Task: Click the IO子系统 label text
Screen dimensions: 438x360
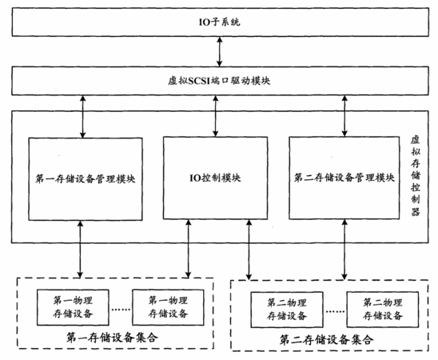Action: pyautogui.click(x=219, y=22)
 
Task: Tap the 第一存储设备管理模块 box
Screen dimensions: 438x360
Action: pyautogui.click(x=86, y=179)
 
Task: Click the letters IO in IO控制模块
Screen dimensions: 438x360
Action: pyautogui.click(x=195, y=178)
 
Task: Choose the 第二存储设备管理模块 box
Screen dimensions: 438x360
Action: pyautogui.click(x=344, y=178)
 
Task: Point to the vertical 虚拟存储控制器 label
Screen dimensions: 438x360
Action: pyautogui.click(x=416, y=176)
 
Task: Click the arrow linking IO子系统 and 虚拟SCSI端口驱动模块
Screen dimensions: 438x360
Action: pyautogui.click(x=220, y=51)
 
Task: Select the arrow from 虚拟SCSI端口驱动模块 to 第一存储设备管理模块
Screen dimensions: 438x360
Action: pyautogui.click(x=82, y=117)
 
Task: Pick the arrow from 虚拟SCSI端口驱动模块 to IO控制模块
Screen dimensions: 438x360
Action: pyautogui.click(x=215, y=116)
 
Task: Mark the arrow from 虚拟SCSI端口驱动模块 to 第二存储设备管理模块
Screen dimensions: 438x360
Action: pyautogui.click(x=344, y=116)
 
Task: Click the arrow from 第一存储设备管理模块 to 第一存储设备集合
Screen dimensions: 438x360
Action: pyautogui.click(x=80, y=250)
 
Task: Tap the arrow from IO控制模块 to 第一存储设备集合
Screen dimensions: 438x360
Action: pyautogui.click(x=189, y=249)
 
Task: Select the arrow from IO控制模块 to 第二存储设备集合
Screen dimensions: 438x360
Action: pyautogui.click(x=249, y=250)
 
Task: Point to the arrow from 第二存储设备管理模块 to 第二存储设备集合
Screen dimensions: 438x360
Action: pyautogui.click(x=344, y=250)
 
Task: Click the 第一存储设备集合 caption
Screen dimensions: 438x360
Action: pyautogui.click(x=112, y=338)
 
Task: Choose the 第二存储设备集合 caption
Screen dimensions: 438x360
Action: pyautogui.click(x=326, y=340)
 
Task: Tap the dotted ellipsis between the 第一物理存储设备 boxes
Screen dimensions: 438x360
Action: pyautogui.click(x=121, y=309)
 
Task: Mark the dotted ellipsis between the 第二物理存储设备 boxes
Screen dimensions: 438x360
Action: pyautogui.click(x=335, y=311)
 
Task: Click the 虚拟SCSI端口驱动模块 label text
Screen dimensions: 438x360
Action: pyautogui.click(x=219, y=81)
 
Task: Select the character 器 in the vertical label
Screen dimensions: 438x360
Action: pyautogui.click(x=416, y=211)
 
